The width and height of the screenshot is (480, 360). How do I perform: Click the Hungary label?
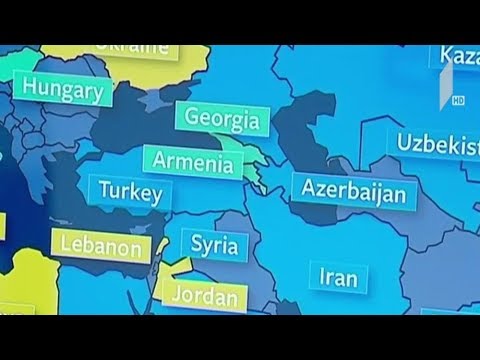(63, 93)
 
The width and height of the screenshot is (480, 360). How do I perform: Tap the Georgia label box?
(221, 121)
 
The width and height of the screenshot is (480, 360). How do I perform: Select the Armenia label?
(193, 162)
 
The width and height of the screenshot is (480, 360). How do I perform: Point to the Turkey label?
(128, 191)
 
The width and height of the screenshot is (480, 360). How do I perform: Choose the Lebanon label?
(101, 245)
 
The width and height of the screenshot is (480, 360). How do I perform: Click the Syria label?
(214, 243)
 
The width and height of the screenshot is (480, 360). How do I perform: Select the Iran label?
(337, 275)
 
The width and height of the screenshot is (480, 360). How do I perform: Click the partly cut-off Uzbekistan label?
(436, 143)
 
